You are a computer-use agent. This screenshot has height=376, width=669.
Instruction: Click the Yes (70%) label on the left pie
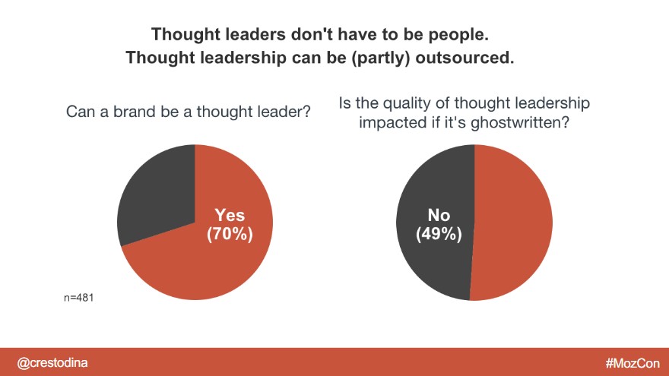click(230, 225)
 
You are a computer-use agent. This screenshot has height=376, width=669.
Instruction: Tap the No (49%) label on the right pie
click(439, 225)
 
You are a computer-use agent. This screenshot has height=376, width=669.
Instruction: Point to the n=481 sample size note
click(78, 298)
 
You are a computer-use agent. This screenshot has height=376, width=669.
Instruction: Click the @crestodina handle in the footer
click(52, 363)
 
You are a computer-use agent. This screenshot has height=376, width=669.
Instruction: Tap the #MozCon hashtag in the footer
click(633, 363)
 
